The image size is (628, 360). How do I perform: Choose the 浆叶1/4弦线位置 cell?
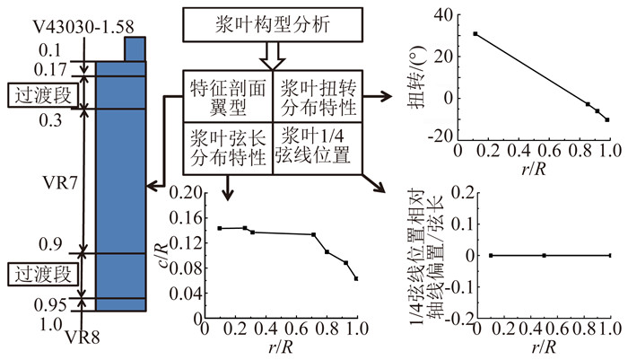(x=318, y=147)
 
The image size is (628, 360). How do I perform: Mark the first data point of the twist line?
(x=475, y=33)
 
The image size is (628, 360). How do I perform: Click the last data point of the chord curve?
(x=356, y=279)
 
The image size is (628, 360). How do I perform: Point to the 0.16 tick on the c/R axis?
(x=182, y=216)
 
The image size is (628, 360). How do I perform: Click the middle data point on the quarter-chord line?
(x=545, y=256)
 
